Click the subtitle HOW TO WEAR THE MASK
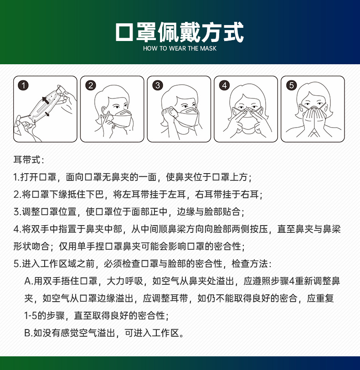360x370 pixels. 180,48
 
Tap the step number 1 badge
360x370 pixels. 23,85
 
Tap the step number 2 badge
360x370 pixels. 91,85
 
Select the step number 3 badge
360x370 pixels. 158,85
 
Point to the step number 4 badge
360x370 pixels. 224,85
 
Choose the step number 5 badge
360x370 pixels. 292,85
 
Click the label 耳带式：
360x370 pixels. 28,160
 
